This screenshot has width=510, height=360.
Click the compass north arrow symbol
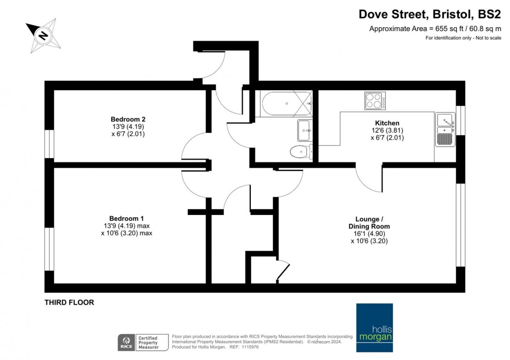(x=43, y=36)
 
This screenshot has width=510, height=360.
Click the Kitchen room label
(x=387, y=123)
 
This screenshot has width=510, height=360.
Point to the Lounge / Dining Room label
(x=372, y=223)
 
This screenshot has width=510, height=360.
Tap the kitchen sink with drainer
(x=445, y=130)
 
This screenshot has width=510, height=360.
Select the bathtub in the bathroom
(x=286, y=103)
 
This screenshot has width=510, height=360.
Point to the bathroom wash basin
(x=305, y=130)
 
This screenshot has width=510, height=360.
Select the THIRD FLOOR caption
(x=69, y=303)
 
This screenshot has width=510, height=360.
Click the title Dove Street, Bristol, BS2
(x=430, y=14)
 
